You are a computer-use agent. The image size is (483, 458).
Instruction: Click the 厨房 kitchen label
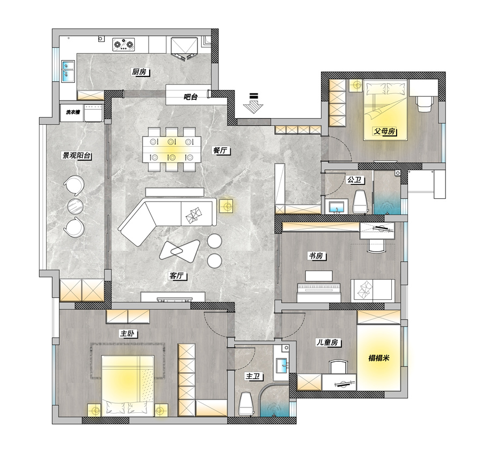(x=139, y=72)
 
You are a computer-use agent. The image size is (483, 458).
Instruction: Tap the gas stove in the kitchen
(x=124, y=44)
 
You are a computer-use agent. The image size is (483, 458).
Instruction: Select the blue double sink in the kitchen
(x=68, y=71)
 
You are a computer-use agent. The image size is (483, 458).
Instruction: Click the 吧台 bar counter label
(x=191, y=97)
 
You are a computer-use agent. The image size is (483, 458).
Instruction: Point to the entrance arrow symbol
(x=253, y=103)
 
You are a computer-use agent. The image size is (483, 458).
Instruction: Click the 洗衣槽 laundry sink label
(x=72, y=112)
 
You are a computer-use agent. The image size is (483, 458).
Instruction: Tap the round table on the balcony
(x=75, y=206)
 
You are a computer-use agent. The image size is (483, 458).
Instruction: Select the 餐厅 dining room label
(x=220, y=151)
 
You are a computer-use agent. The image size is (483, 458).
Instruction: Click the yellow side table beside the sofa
(x=226, y=205)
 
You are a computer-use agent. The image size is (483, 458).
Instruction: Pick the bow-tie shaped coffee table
(x=179, y=249)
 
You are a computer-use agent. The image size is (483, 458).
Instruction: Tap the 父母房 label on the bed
(x=384, y=131)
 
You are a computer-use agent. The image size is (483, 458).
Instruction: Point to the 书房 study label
(x=316, y=256)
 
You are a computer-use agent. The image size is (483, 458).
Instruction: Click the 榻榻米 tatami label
(x=379, y=358)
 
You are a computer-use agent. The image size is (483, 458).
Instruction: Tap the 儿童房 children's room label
(x=328, y=342)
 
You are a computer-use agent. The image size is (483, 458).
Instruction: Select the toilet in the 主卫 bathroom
(x=246, y=404)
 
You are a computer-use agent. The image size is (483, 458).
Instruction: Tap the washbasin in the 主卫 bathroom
(x=282, y=365)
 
